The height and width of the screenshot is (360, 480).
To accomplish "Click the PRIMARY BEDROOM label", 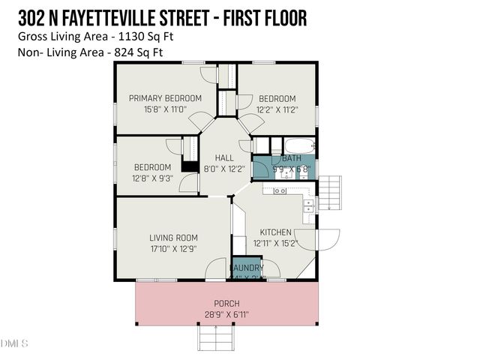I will tap(165, 98).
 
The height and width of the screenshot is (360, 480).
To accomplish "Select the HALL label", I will tap(223, 158).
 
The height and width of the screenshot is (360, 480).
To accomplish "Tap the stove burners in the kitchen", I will tap(280, 191).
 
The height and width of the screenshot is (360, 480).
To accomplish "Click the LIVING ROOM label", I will tap(172, 238).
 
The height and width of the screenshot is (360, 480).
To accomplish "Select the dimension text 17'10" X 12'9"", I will tap(172, 250).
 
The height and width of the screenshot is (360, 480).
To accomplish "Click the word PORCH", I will tap(226, 304).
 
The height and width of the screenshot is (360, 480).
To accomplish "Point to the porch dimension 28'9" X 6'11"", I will tap(226, 315).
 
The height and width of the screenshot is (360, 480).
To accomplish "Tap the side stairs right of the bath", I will tap(330, 193).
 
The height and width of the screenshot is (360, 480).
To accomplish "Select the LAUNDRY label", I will tap(246, 268).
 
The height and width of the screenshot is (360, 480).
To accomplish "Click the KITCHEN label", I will tap(275, 232).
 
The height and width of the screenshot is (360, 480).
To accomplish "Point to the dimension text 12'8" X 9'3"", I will tap(153, 178).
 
